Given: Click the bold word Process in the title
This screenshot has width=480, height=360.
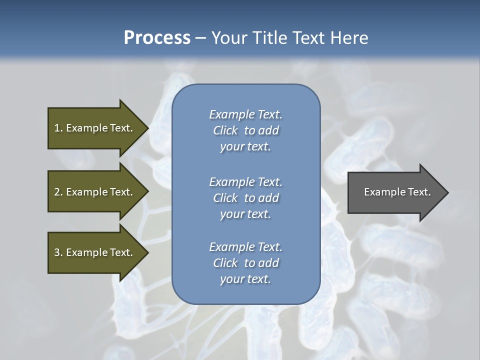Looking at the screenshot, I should [157, 38].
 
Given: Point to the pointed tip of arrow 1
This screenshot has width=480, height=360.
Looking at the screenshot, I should [147, 128].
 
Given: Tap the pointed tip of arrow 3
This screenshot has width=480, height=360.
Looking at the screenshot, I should [147, 252].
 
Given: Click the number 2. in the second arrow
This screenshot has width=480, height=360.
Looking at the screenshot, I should [58, 192].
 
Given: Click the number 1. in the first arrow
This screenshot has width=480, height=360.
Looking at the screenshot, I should [58, 128].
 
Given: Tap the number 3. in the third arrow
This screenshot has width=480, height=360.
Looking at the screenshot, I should [58, 252].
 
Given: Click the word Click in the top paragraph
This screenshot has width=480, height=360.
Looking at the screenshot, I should [225, 130].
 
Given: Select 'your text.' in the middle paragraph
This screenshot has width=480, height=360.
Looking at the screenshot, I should [245, 214].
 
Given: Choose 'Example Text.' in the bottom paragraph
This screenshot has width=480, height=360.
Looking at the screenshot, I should [245, 247].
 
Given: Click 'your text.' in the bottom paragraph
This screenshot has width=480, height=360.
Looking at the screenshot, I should [245, 279].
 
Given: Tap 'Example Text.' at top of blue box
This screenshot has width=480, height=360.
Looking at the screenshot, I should [245, 114].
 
